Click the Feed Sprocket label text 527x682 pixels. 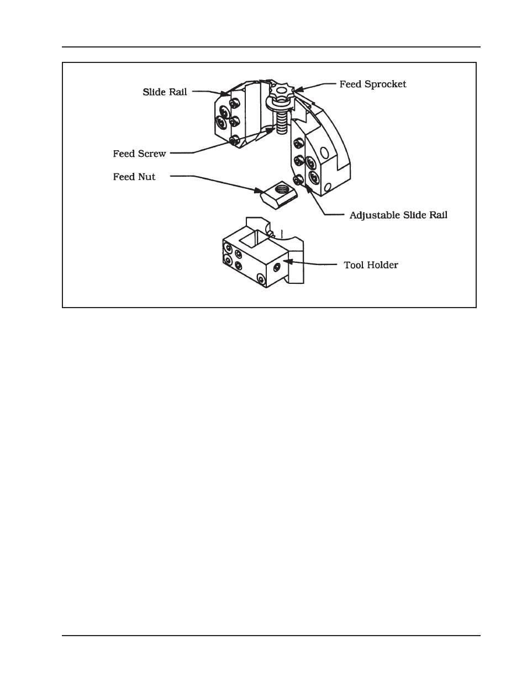372,84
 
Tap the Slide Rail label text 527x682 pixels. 165,92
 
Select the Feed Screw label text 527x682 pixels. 139,154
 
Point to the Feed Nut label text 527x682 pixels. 134,177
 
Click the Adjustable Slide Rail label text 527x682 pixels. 398,215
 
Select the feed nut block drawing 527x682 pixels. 278,194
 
